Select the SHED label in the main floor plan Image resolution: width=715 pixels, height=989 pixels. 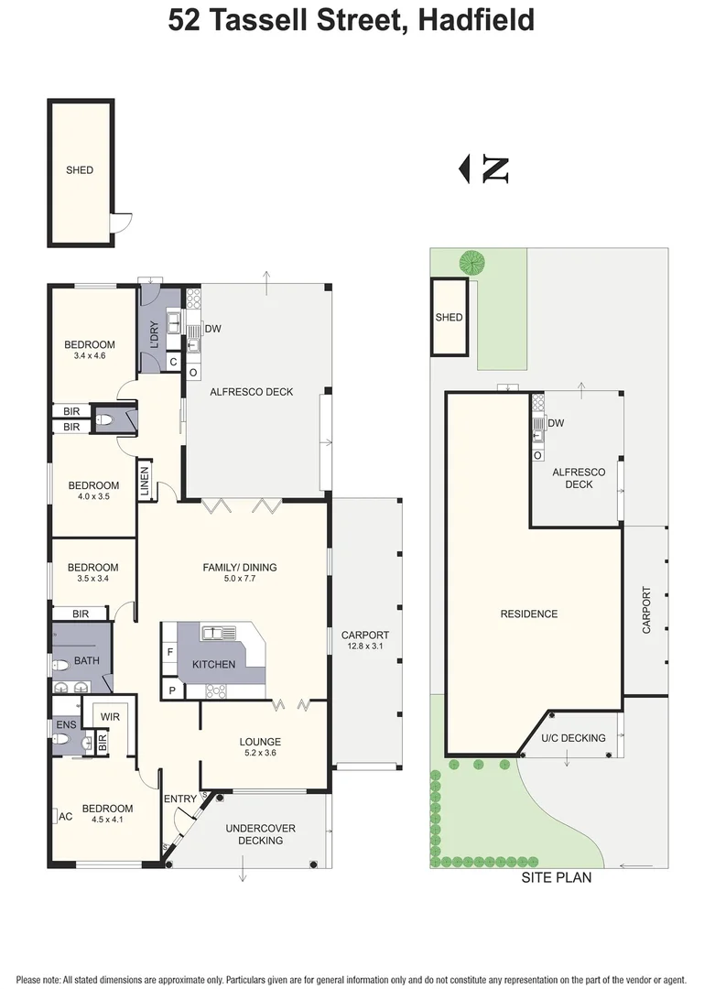coord(80,170)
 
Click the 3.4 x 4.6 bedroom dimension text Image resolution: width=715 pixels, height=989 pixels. coord(91,356)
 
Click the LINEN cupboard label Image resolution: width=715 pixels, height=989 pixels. coord(145,482)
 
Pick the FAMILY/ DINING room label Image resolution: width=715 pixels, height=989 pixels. coord(239,568)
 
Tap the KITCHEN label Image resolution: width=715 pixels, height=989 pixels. coord(213,664)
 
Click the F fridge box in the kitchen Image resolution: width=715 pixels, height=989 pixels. coord(170,652)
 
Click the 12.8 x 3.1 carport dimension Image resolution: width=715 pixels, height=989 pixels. coord(365,647)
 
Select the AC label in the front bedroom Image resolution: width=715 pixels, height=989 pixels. coord(65,816)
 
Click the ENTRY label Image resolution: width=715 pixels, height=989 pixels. coord(180,799)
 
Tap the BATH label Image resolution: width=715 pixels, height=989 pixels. coord(87,660)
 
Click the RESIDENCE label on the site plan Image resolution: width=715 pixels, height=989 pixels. coord(528,614)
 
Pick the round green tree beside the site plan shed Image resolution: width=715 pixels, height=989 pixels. coord(472,263)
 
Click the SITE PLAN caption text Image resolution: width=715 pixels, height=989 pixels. coord(556,877)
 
